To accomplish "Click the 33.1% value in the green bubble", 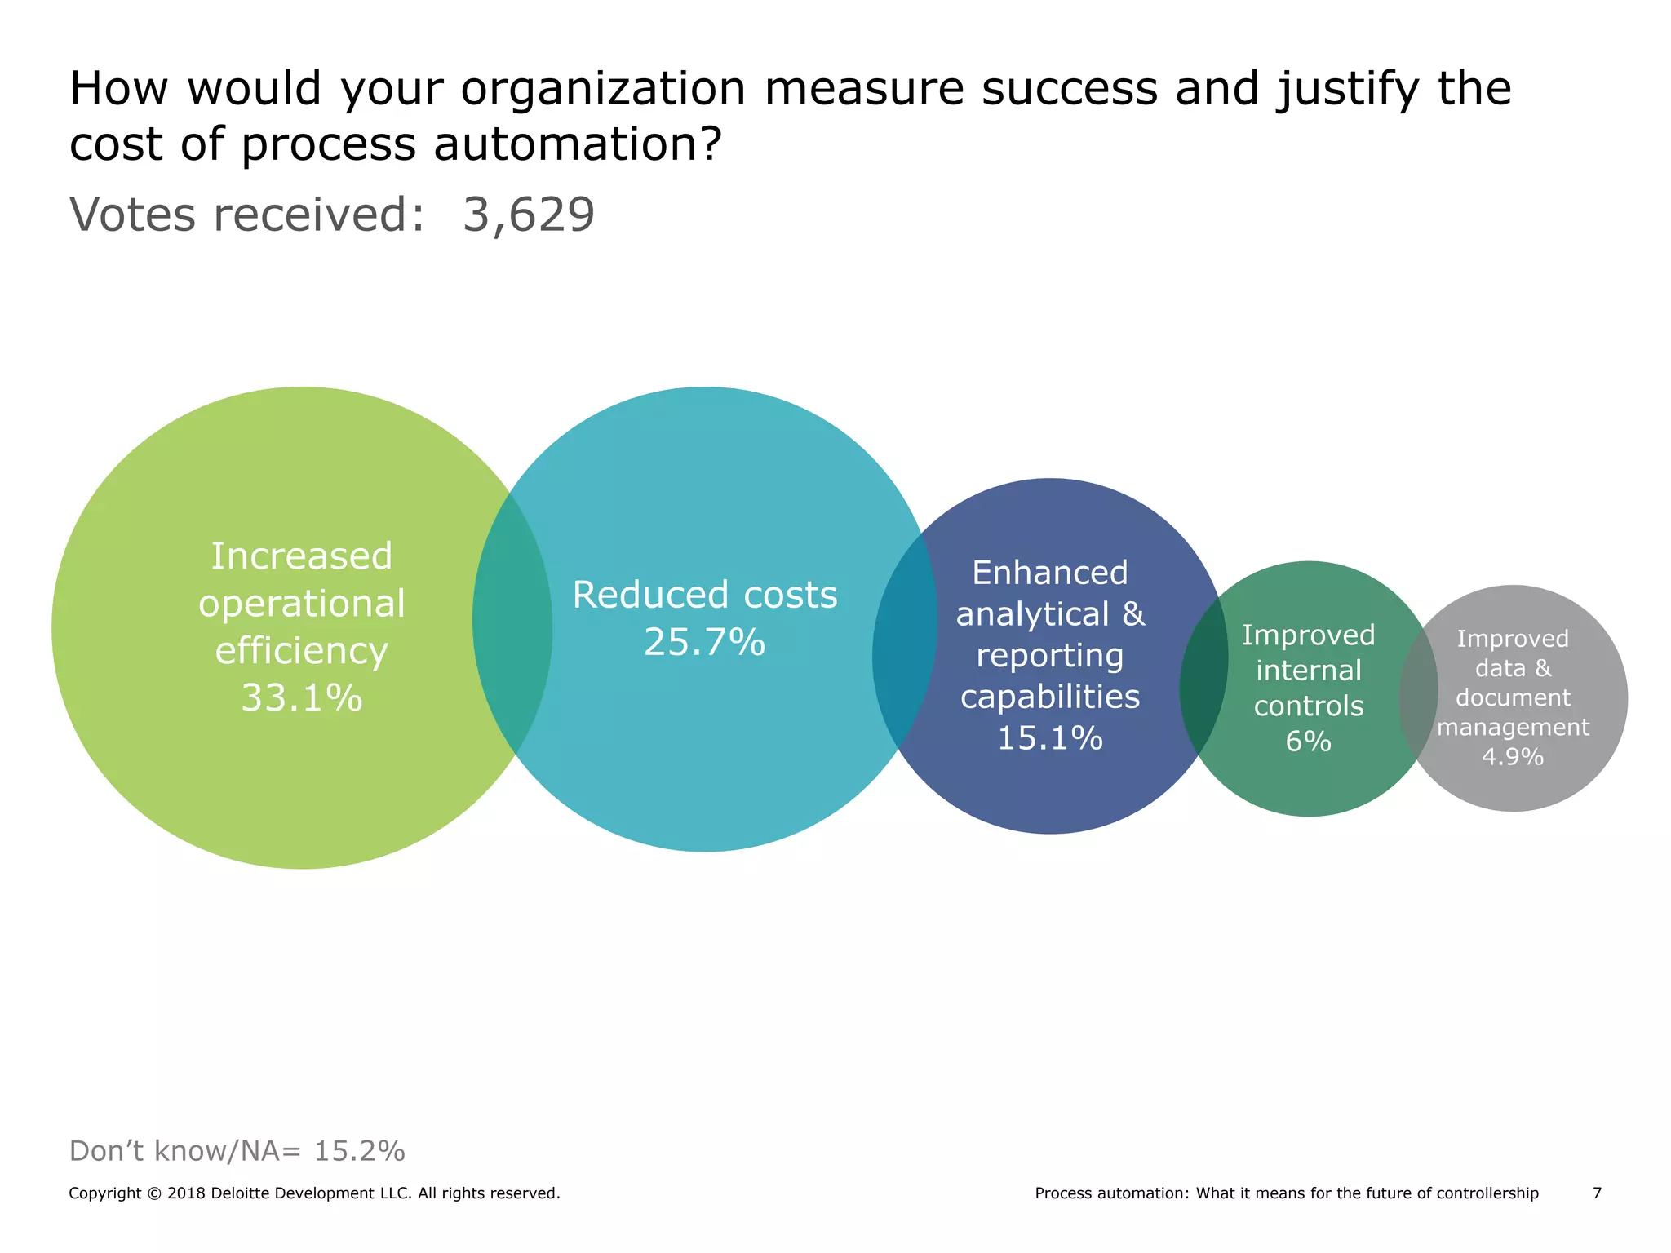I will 301,698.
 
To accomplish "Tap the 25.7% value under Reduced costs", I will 704,642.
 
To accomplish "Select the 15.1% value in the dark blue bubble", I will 1049,738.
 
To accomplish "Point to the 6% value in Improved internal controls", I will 1308,742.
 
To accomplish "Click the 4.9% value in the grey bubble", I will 1512,757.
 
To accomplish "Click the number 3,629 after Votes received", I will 529,215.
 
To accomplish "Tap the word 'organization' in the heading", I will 603,89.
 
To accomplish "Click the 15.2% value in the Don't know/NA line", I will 359,1151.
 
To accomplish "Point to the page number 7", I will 1597,1193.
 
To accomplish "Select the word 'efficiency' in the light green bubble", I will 301,652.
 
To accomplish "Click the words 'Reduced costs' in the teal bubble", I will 704,595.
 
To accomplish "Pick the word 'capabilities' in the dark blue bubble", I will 1049,697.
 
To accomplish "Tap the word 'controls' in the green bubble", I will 1308,706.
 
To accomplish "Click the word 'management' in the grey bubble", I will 1512,727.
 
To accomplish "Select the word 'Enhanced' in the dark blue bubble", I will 1049,573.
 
